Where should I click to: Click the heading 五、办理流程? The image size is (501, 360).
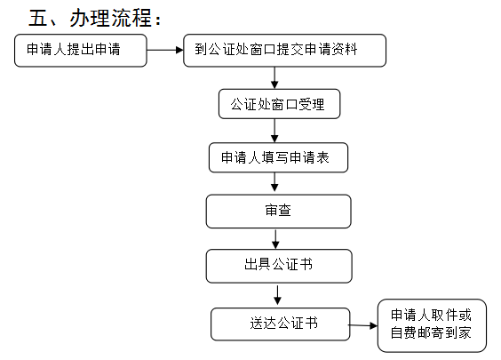pyautogui.click(x=95, y=18)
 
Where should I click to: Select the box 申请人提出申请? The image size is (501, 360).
pyautogui.click(x=81, y=51)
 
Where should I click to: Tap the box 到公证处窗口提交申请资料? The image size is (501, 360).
pyautogui.click(x=284, y=51)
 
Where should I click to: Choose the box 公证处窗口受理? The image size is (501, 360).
pyautogui.click(x=279, y=104)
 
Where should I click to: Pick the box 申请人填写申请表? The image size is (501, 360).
pyautogui.click(x=278, y=157)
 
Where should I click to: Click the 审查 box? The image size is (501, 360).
pyautogui.click(x=279, y=212)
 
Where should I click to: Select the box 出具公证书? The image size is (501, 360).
pyautogui.click(x=279, y=266)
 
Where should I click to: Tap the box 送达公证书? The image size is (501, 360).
pyautogui.click(x=281, y=324)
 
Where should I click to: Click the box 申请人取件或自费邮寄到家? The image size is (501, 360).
pyautogui.click(x=432, y=325)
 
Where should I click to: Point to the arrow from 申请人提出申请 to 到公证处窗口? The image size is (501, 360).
pyautogui.click(x=165, y=50)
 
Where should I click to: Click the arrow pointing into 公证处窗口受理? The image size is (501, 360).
pyautogui.click(x=274, y=78)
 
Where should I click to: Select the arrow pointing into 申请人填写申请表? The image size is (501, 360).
pyautogui.click(x=274, y=131)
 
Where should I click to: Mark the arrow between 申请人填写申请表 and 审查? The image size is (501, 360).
pyautogui.click(x=274, y=182)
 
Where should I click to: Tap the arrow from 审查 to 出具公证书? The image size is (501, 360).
pyautogui.click(x=275, y=239)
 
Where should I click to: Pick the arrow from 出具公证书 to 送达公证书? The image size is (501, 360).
pyautogui.click(x=277, y=295)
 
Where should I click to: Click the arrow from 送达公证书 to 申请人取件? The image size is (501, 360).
pyautogui.click(x=362, y=325)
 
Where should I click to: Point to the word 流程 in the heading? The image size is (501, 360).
pyautogui.click(x=131, y=18)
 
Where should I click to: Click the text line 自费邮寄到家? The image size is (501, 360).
pyautogui.click(x=431, y=332)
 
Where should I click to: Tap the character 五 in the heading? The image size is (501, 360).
pyautogui.click(x=37, y=18)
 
